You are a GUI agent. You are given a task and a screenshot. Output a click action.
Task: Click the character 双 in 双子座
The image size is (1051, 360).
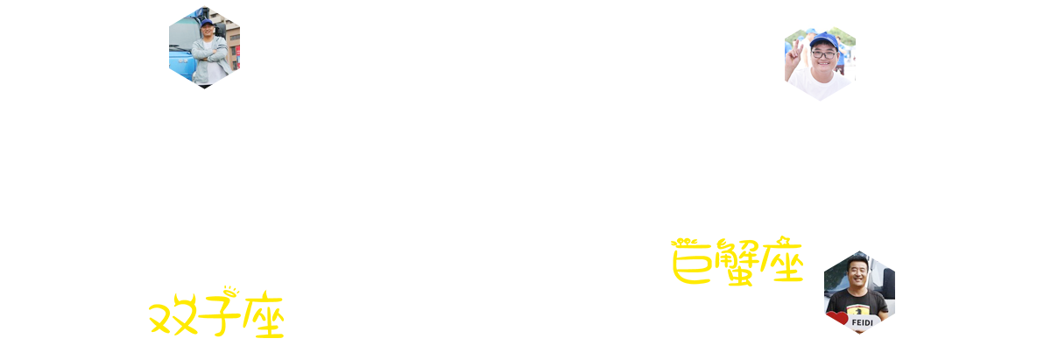point(173,314)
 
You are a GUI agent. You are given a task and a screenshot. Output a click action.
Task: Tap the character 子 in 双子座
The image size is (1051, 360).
point(219,314)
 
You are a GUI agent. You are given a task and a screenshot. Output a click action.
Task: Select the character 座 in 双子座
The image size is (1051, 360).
point(264,314)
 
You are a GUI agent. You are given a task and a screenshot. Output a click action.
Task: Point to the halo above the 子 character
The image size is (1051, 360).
point(231,290)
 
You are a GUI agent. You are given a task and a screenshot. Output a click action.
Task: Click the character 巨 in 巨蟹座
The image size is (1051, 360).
point(691,263)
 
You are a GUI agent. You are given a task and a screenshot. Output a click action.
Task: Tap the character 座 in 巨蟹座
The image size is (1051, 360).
point(782,260)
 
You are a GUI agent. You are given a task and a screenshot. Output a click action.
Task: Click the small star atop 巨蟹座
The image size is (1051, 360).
point(783,240)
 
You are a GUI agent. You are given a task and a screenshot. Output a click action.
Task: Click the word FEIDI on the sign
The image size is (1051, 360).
point(863,322)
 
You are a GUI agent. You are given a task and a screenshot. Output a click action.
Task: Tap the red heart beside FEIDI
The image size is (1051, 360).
point(836,318)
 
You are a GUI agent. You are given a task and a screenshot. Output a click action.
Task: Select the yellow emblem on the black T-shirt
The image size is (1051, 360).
point(858,310)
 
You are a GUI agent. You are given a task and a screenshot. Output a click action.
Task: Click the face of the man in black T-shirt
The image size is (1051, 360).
point(858,273)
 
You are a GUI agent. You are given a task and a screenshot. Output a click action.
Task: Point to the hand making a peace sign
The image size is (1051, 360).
point(794,56)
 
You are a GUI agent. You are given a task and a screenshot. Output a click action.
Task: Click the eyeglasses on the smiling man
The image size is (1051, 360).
point(824,54)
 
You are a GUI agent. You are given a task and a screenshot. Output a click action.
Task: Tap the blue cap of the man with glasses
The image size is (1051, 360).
point(824,40)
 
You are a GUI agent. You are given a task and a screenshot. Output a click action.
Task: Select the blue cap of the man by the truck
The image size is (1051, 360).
point(207,22)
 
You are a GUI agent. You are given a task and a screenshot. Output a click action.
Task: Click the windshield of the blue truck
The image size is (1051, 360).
point(180,35)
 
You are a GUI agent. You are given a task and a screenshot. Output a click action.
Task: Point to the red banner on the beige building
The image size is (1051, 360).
point(237,56)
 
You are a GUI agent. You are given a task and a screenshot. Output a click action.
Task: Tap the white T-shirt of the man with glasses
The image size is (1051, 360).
point(820,84)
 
